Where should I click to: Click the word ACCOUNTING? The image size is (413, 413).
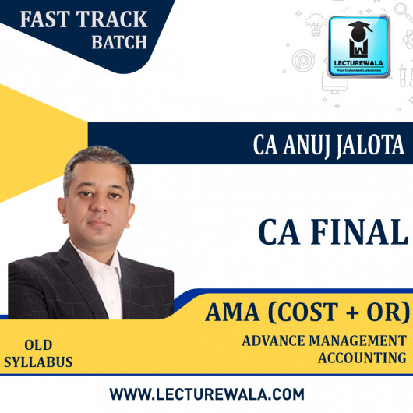tap(362, 358)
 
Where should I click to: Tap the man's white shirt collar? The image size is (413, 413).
tap(97, 253)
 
